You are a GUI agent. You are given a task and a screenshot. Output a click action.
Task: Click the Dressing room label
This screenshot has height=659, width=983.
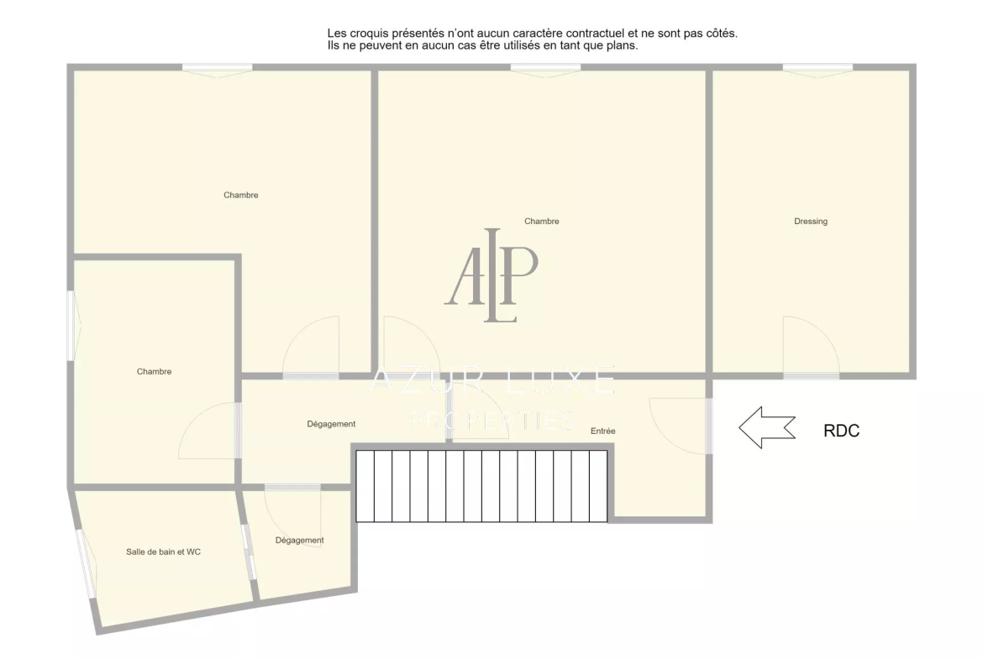pos(811,221)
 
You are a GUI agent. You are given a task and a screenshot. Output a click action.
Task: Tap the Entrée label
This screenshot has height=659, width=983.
pos(602,431)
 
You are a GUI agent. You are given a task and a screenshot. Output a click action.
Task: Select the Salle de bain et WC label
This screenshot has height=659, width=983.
pos(163,552)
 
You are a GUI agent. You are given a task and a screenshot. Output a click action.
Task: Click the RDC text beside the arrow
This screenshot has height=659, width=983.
pos(841,431)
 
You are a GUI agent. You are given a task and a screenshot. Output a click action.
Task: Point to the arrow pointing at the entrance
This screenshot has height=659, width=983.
pos(767,428)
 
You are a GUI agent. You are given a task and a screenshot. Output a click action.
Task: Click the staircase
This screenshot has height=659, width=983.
pos(481,486)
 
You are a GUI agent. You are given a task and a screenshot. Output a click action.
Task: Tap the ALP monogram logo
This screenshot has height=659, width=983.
pos(491,275)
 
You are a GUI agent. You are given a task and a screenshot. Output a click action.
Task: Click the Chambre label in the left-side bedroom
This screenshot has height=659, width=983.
pos(155,371)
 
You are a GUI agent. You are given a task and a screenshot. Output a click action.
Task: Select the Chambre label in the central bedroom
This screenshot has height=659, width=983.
pos(542,221)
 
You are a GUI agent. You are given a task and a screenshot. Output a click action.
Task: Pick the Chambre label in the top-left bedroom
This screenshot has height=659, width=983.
pos(241,195)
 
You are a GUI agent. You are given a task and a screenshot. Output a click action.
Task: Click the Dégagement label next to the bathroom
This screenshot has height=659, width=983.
pos(300,540)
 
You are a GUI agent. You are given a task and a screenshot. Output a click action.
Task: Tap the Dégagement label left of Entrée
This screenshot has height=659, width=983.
pos(331,424)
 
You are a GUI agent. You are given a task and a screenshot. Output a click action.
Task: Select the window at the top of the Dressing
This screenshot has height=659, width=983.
pos(817,68)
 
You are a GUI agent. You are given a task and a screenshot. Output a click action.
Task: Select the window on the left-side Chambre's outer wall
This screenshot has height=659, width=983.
pos(71,325)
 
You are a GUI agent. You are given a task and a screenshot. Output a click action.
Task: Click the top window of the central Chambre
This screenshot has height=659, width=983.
pos(545,68)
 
